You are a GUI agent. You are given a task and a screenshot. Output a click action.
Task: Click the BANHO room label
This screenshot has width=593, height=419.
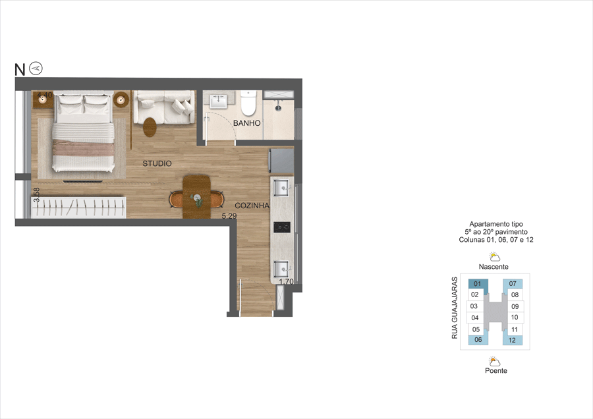[247, 123]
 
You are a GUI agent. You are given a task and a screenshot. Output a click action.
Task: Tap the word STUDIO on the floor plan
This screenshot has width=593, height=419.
[157, 163]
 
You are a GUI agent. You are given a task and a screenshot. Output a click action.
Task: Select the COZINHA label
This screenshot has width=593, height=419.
[252, 206]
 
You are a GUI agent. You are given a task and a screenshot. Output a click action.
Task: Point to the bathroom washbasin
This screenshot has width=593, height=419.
[219, 101]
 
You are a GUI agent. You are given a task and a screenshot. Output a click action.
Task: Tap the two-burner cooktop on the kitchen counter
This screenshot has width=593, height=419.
[283, 227]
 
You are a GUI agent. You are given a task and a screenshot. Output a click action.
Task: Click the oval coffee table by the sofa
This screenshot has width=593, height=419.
[151, 125]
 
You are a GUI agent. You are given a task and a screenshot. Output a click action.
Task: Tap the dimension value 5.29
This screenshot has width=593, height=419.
[229, 215]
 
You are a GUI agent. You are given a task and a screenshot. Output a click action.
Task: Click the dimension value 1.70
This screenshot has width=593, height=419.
[286, 282]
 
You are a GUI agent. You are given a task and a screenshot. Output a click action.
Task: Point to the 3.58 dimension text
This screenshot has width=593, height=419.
[37, 195]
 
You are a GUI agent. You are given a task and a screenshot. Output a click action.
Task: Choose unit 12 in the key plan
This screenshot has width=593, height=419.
[512, 341]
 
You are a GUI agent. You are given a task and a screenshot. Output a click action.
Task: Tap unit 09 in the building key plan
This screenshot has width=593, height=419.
[515, 306]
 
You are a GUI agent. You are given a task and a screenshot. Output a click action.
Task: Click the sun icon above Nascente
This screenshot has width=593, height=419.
[495, 256]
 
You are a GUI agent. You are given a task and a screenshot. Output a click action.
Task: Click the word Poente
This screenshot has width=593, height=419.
[495, 371]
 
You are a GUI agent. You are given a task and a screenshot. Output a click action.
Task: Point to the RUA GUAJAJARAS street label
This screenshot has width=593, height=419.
[455, 308]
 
